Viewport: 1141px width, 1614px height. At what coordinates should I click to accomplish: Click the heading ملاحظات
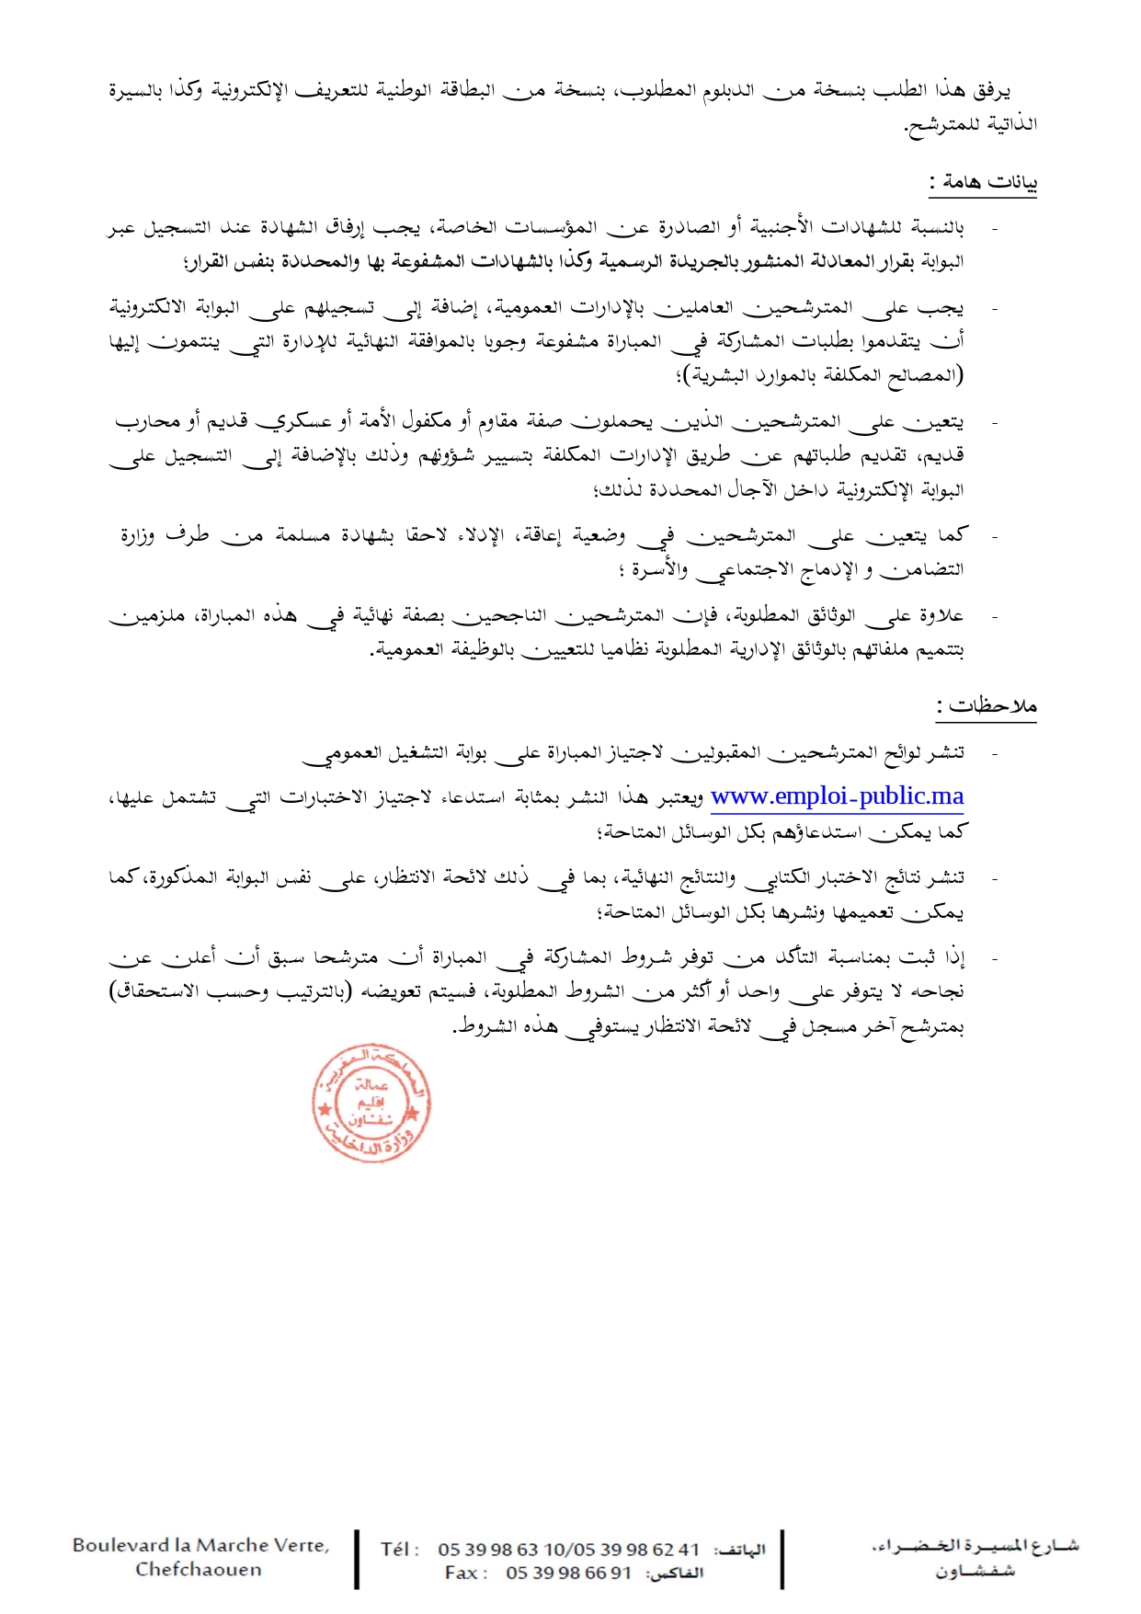tap(987, 706)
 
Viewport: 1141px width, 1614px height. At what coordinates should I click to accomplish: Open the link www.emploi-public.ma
tap(837, 796)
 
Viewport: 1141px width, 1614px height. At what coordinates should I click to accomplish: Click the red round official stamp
tap(371, 1104)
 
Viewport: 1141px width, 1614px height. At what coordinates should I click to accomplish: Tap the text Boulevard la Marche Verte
tap(200, 1546)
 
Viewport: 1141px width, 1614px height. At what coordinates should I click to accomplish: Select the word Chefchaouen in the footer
tap(199, 1570)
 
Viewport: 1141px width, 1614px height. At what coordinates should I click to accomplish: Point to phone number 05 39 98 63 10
tap(501, 1550)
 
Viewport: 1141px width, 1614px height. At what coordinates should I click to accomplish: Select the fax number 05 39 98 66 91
tap(568, 1574)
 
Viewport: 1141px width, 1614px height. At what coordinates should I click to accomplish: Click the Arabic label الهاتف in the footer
tap(740, 1551)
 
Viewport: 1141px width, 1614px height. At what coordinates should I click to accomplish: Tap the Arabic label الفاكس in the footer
tap(675, 1574)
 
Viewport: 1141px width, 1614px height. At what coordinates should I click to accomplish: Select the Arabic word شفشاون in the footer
tap(975, 1571)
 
